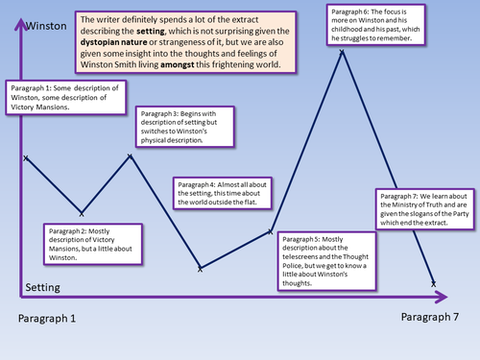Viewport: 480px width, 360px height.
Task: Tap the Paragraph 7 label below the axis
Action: [429, 316]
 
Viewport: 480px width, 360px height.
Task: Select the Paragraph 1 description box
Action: [60, 98]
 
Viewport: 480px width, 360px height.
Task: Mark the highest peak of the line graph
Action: [342, 50]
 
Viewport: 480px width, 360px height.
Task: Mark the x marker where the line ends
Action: [434, 283]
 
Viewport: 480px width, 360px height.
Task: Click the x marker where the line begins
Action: [26, 156]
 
